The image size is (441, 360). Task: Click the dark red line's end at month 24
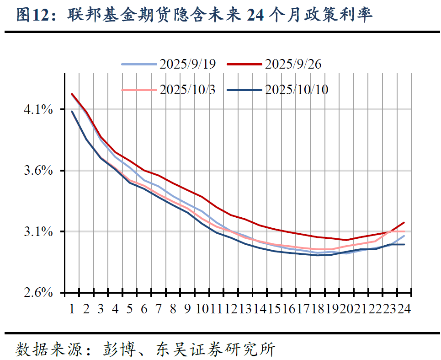coord(404,222)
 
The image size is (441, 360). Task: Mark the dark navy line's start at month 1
coord(72,111)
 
